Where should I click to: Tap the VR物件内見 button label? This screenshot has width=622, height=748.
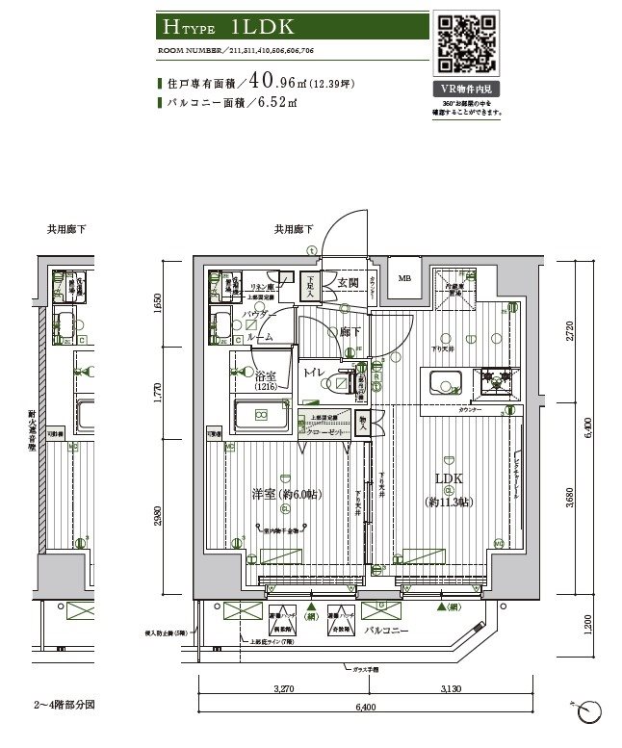coord(468,89)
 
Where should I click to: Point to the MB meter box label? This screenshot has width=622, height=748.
coord(403,279)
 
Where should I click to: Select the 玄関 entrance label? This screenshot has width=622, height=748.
coord(348,282)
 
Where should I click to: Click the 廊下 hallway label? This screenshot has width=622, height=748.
coord(350,331)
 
